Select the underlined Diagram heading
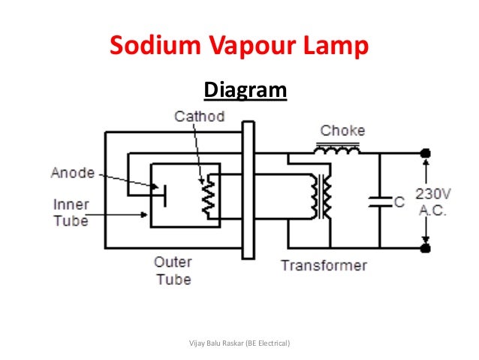pyautogui.click(x=246, y=91)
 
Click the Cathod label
pyautogui.click(x=199, y=117)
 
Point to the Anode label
pyautogui.click(x=73, y=173)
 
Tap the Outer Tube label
pyautogui.click(x=173, y=271)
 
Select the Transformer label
pyautogui.click(x=324, y=265)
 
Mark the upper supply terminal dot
pyautogui.click(x=426, y=153)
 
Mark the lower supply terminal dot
pyautogui.click(x=426, y=247)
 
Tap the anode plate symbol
pyautogui.click(x=164, y=198)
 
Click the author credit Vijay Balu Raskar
pyautogui.click(x=241, y=343)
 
